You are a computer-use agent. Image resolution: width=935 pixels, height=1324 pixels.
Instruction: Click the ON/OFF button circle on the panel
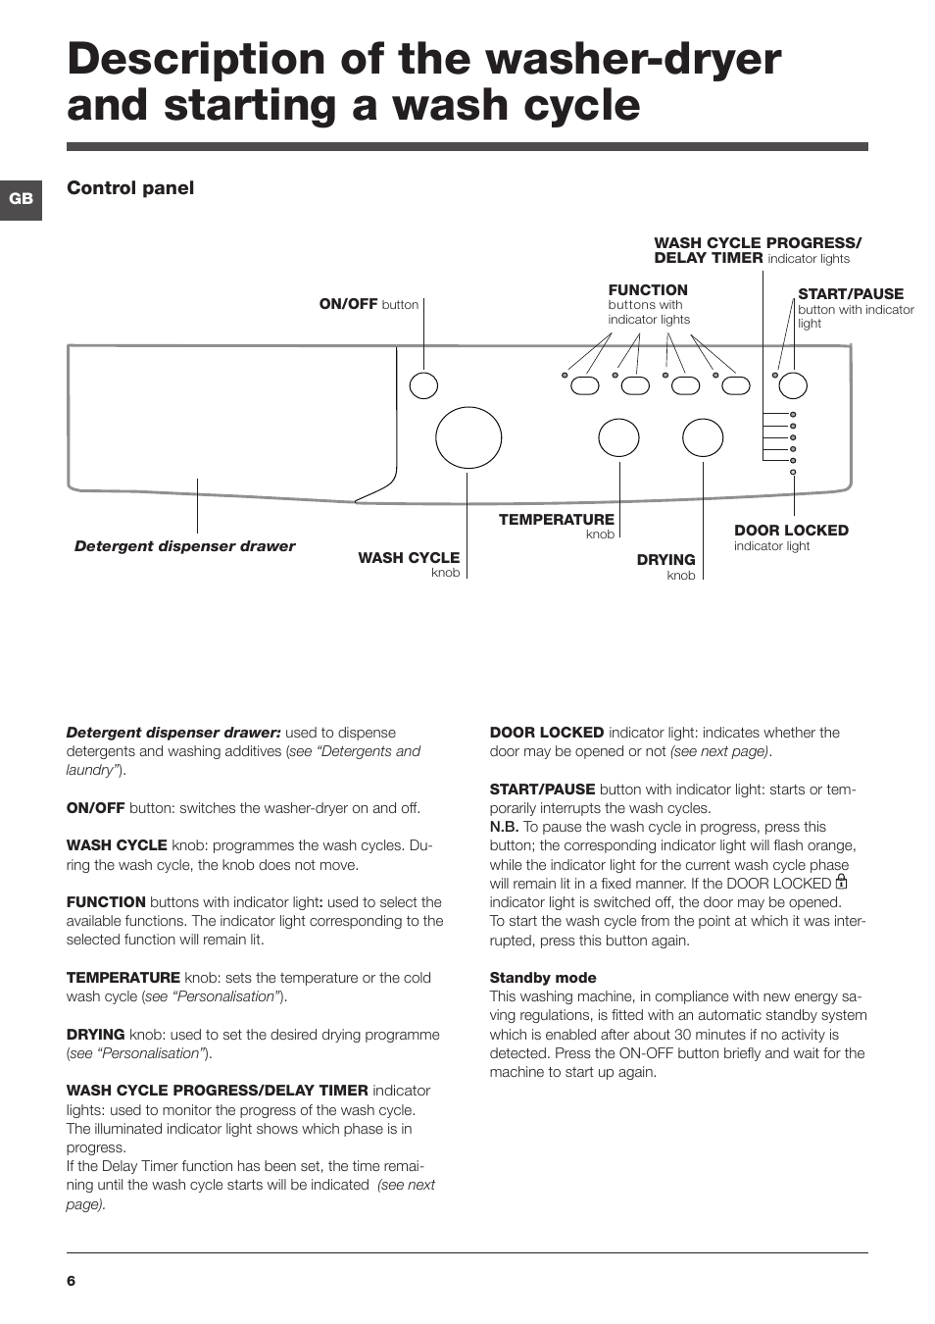point(423,385)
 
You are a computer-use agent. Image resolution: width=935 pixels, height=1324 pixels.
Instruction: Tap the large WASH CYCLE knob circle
point(468,437)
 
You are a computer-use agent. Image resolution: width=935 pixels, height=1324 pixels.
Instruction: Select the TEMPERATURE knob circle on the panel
point(618,437)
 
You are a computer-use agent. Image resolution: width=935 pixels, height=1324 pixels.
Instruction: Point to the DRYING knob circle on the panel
point(703,437)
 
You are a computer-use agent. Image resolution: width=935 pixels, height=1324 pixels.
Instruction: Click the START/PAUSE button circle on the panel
point(793,385)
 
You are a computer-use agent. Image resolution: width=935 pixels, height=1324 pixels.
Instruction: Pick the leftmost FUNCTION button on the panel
point(585,385)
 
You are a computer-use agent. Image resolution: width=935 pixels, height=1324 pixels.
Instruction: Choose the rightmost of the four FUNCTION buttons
point(736,385)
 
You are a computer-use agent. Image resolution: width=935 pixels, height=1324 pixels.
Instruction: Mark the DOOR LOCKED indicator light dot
point(793,472)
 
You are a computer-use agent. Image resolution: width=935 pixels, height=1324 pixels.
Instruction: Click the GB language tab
point(21,199)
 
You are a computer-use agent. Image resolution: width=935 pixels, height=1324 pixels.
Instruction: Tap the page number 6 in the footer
point(71,1280)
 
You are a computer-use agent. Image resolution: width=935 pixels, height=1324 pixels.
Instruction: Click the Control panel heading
point(130,188)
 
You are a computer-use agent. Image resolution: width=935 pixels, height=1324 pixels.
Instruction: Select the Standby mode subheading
point(543,978)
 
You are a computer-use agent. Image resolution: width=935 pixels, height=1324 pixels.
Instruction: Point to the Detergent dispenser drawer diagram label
point(184,546)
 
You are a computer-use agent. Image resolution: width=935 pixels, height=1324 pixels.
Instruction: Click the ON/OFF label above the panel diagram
point(348,304)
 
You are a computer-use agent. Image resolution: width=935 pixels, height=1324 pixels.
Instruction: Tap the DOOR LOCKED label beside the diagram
point(791,531)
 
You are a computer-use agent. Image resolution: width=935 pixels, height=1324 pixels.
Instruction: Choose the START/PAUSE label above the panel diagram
point(851,294)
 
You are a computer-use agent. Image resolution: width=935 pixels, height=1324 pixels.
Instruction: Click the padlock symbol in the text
point(841,882)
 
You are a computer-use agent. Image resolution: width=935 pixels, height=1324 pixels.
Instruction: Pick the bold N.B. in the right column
point(504,827)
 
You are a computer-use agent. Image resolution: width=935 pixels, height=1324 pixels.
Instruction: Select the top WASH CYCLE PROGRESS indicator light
point(793,414)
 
